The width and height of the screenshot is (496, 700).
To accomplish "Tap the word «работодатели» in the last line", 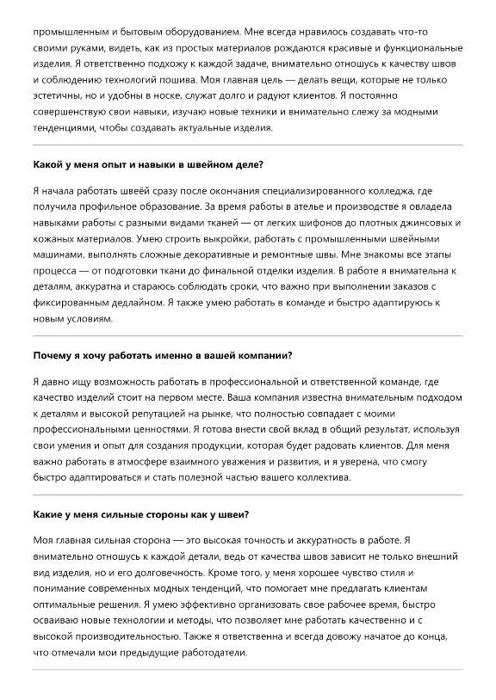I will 210,652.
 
